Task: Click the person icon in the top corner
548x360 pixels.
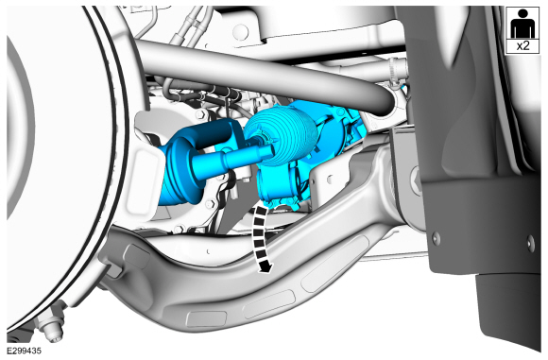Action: [522, 24]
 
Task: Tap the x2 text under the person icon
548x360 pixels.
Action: [522, 45]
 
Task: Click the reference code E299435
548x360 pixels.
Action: [24, 351]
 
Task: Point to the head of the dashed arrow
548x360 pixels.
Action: [265, 267]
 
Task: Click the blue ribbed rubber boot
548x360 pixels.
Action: [281, 136]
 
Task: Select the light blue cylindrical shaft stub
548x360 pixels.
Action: [231, 159]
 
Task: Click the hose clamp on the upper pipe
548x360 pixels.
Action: [394, 73]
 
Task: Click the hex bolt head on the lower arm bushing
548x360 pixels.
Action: [416, 180]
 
